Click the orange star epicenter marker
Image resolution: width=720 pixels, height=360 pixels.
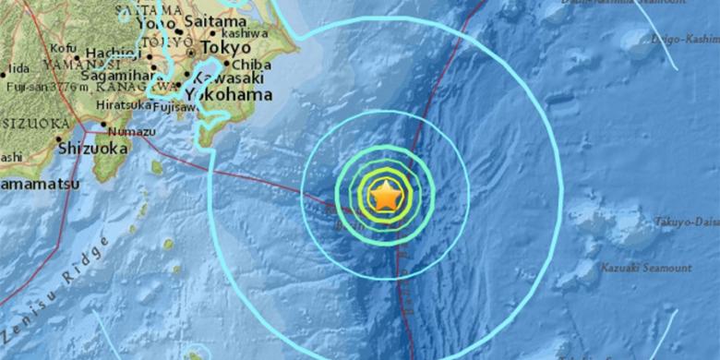pos(385,197)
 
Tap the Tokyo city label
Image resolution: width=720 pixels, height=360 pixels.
pos(225,47)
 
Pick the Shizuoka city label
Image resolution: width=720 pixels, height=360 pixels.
pos(90,146)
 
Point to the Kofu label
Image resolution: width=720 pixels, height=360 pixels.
pos(64,47)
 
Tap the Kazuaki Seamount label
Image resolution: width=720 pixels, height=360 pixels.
pos(646,268)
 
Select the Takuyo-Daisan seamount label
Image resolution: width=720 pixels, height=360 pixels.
pos(686,222)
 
